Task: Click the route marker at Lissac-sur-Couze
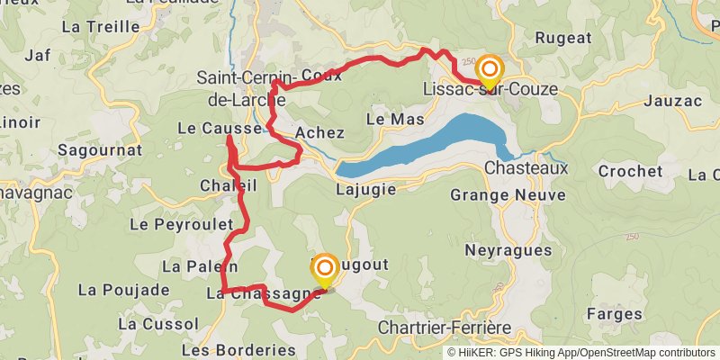tap(490, 69)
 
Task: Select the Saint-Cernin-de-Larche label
tap(240, 88)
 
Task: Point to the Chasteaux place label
tap(526, 168)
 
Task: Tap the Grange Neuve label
tap(508, 195)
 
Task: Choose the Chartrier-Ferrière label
tap(445, 328)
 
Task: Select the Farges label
tap(614, 314)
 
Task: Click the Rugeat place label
tap(563, 38)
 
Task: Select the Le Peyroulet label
tap(175, 224)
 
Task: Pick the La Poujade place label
tap(123, 290)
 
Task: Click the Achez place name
tap(319, 133)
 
